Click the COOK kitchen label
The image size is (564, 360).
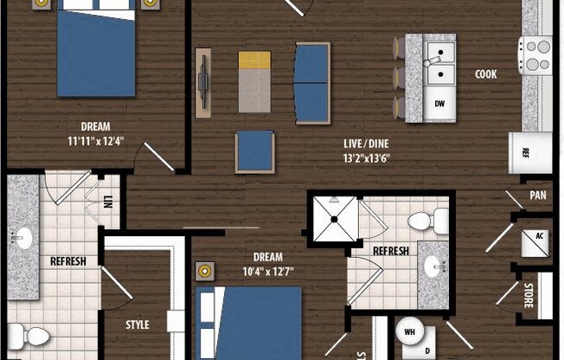(x=486, y=75)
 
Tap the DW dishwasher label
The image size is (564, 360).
(x=440, y=103)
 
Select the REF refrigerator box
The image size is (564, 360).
(x=525, y=152)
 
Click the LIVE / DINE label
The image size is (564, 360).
(x=365, y=142)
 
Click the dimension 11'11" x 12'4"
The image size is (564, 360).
(x=95, y=141)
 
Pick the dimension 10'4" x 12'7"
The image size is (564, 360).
(x=267, y=272)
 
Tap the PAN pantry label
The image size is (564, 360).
(x=538, y=196)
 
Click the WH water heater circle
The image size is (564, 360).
(x=410, y=331)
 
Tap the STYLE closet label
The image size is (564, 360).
(x=138, y=325)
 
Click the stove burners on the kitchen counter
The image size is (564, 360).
(x=536, y=55)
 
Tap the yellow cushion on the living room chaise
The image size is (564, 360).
(x=254, y=61)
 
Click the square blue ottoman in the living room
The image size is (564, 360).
(x=254, y=151)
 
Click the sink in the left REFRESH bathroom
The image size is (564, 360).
(x=22, y=235)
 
